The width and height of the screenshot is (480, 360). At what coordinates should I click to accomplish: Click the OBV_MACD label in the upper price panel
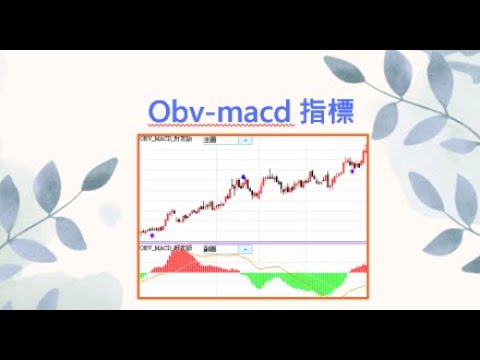[x=166, y=141]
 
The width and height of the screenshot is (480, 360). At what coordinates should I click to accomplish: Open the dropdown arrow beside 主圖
[x=246, y=141]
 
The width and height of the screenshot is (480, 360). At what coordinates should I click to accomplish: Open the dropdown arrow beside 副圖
[x=246, y=247]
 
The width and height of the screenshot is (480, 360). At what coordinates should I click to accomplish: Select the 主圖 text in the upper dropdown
[x=210, y=141]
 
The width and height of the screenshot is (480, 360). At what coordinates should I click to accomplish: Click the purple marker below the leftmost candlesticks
[x=151, y=235]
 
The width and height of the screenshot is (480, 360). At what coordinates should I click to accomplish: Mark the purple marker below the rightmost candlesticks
[x=352, y=171]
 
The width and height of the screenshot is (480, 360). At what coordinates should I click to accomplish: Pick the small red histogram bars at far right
[x=360, y=269]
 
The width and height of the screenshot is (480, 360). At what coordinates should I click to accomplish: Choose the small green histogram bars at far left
[x=144, y=273]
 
